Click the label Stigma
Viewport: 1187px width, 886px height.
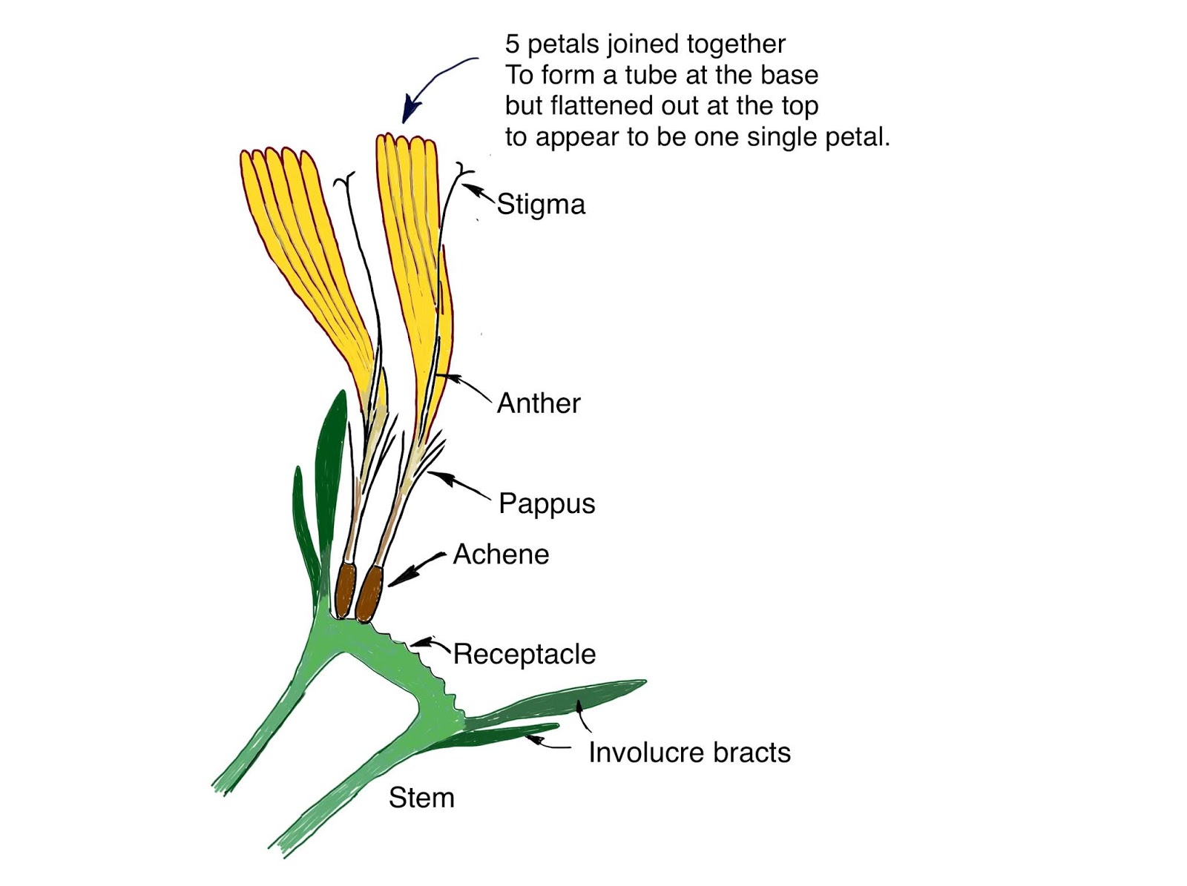coord(541,205)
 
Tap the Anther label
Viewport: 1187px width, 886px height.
coord(539,403)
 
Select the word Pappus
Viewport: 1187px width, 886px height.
coord(547,503)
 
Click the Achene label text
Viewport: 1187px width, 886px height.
coord(501,555)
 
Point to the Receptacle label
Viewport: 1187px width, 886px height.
coord(524,654)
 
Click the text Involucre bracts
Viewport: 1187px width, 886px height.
coord(689,753)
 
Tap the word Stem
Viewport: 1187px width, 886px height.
coord(421,798)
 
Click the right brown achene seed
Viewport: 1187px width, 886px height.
coord(368,594)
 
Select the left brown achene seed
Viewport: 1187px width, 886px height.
coord(345,589)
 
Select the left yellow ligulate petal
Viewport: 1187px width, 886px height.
coord(297,245)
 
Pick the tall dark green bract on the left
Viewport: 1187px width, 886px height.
coord(329,475)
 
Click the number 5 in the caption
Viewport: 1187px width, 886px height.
coord(512,44)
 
